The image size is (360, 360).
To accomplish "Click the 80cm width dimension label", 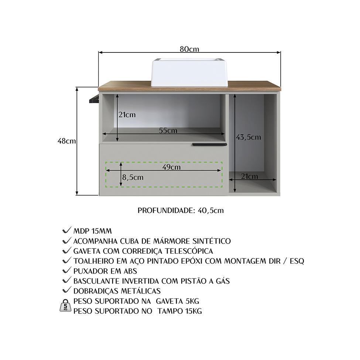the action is tap(189, 49).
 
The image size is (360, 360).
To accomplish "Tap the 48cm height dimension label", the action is tap(66, 141).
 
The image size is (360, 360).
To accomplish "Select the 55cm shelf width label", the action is tap(168, 130).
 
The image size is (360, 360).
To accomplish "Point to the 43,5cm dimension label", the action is tap(248, 137).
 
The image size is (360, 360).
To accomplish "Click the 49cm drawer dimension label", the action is tap(171, 167).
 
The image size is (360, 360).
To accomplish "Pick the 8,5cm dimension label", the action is tap(133, 177).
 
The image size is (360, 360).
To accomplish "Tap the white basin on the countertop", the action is tap(189, 72).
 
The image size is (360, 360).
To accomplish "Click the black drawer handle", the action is tap(210, 144).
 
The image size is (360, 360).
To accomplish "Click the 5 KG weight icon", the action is tap(65, 305).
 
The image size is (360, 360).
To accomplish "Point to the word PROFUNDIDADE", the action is tap(166, 210).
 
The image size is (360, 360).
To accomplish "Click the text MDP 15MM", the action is tap(93, 231).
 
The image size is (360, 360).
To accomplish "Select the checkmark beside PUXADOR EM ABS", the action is tap(66, 270).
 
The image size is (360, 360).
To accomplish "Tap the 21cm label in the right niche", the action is tap(249, 176).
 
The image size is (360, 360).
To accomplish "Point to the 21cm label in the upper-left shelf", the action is tap(127, 114).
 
